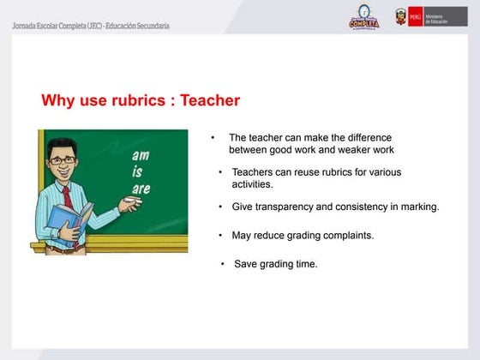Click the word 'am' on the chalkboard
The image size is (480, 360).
click(x=140, y=156)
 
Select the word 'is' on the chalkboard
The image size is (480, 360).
click(x=137, y=171)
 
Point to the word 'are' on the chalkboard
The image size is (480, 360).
click(x=141, y=188)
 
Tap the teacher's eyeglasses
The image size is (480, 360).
click(x=62, y=159)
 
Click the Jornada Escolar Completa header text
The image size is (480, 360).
click(x=91, y=26)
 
